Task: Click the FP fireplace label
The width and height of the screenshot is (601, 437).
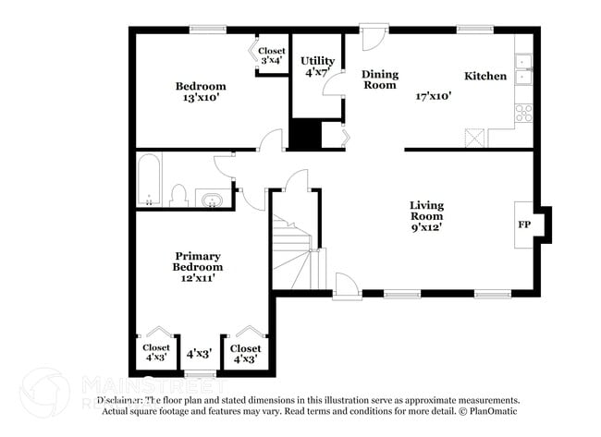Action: click(x=524, y=225)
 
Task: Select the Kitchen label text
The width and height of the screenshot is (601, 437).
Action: click(x=484, y=76)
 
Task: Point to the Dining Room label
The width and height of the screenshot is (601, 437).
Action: click(x=379, y=79)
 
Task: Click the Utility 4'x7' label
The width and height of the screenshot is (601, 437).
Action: click(x=317, y=67)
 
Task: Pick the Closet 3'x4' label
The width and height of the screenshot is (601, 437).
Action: click(x=271, y=55)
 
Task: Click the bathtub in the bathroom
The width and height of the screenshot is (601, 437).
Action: click(x=149, y=180)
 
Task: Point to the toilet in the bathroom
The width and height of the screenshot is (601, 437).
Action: click(x=179, y=195)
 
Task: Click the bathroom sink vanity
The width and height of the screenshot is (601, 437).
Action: click(x=212, y=200)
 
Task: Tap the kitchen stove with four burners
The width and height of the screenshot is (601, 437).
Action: click(x=523, y=114)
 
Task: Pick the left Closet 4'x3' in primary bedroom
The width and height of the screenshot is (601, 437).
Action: click(x=155, y=353)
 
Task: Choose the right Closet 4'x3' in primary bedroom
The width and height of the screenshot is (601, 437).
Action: click(x=245, y=353)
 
